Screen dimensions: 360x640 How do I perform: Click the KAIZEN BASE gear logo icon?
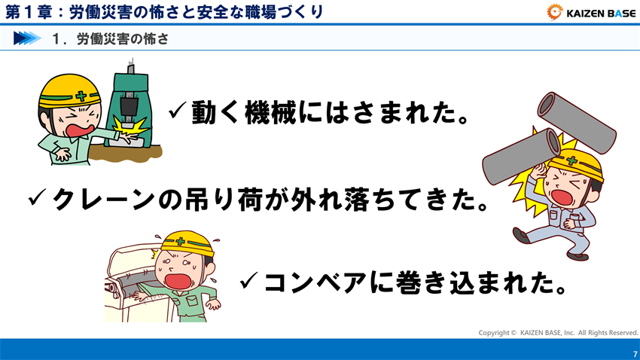(554, 11)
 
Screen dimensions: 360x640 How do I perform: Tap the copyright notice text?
(558, 332)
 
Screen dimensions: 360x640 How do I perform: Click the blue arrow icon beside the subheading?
(26, 38)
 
